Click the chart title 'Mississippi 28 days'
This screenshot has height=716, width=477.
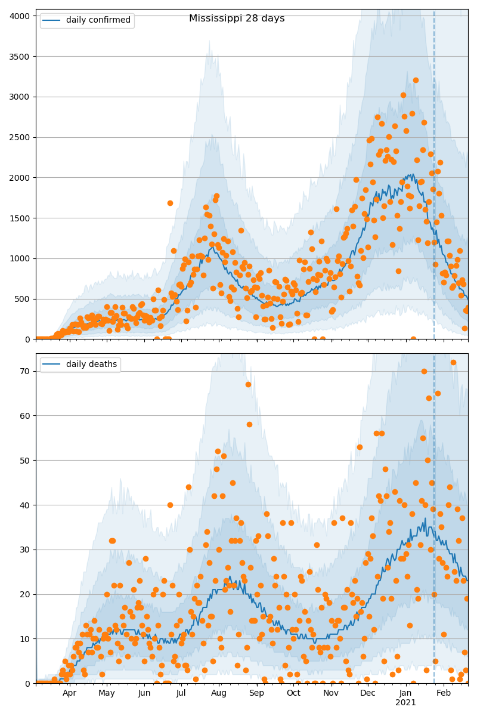[237, 18]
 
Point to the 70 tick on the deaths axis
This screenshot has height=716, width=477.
[25, 371]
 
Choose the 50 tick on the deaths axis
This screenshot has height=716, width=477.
[25, 461]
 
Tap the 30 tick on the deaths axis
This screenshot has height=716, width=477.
[25, 550]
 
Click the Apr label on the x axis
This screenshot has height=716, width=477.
[70, 693]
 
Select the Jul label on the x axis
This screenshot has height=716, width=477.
[181, 693]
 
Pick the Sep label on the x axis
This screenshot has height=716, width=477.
[256, 693]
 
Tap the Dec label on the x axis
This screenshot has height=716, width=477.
[368, 693]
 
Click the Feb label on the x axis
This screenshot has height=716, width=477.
[443, 693]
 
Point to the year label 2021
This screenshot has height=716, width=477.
[405, 703]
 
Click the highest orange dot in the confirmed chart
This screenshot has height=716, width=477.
[416, 80]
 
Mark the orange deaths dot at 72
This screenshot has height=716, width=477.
[453, 362]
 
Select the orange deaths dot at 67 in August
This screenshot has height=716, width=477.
[248, 384]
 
